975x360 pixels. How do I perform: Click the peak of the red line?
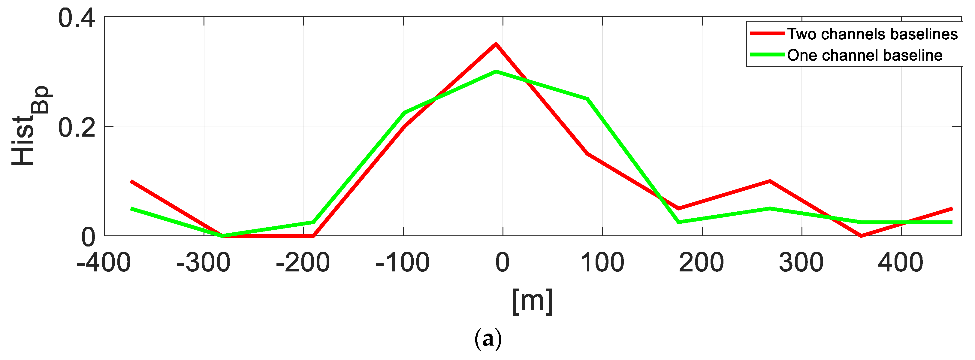495,44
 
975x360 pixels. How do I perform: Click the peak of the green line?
495,71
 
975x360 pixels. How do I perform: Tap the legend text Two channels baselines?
872,34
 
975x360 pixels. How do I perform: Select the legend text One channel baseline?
865,55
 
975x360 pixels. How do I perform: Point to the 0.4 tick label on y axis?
77,18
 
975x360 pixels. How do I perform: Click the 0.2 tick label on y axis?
77,127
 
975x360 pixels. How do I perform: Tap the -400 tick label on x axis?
104,263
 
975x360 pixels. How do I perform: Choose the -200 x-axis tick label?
303,263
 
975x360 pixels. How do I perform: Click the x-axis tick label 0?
503,263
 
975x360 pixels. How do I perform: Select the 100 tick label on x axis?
602,263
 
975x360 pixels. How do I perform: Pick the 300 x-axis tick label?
801,263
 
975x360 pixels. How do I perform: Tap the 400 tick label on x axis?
901,263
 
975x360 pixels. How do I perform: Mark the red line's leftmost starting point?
131,181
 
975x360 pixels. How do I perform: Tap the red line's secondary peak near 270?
769,181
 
